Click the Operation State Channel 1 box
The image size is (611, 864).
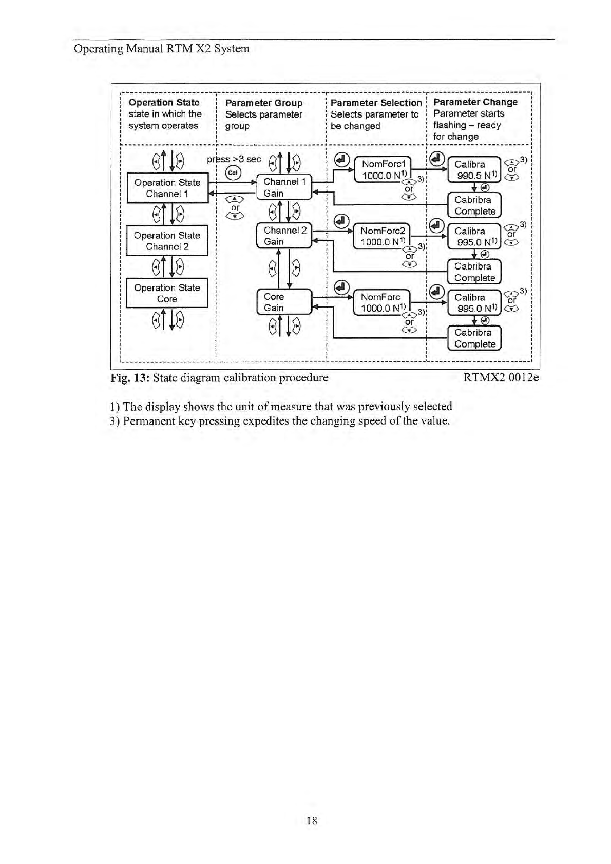(167, 188)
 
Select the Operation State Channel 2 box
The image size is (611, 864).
(167, 241)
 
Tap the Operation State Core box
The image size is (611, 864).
(167, 293)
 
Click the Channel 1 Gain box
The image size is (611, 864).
(284, 187)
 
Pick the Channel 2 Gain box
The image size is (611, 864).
(284, 236)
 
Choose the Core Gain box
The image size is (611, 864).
(284, 302)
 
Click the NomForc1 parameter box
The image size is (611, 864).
(383, 170)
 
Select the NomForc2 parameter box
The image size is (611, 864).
(383, 236)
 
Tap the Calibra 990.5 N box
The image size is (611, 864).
(473, 170)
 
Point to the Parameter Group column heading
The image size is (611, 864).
(263, 103)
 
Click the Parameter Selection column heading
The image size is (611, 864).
(376, 103)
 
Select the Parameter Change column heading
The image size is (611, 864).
(475, 102)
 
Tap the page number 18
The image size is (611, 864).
(312, 820)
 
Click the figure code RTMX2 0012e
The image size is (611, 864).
(501, 378)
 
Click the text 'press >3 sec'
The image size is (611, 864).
(234, 159)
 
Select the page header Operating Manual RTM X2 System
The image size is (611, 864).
(162, 49)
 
